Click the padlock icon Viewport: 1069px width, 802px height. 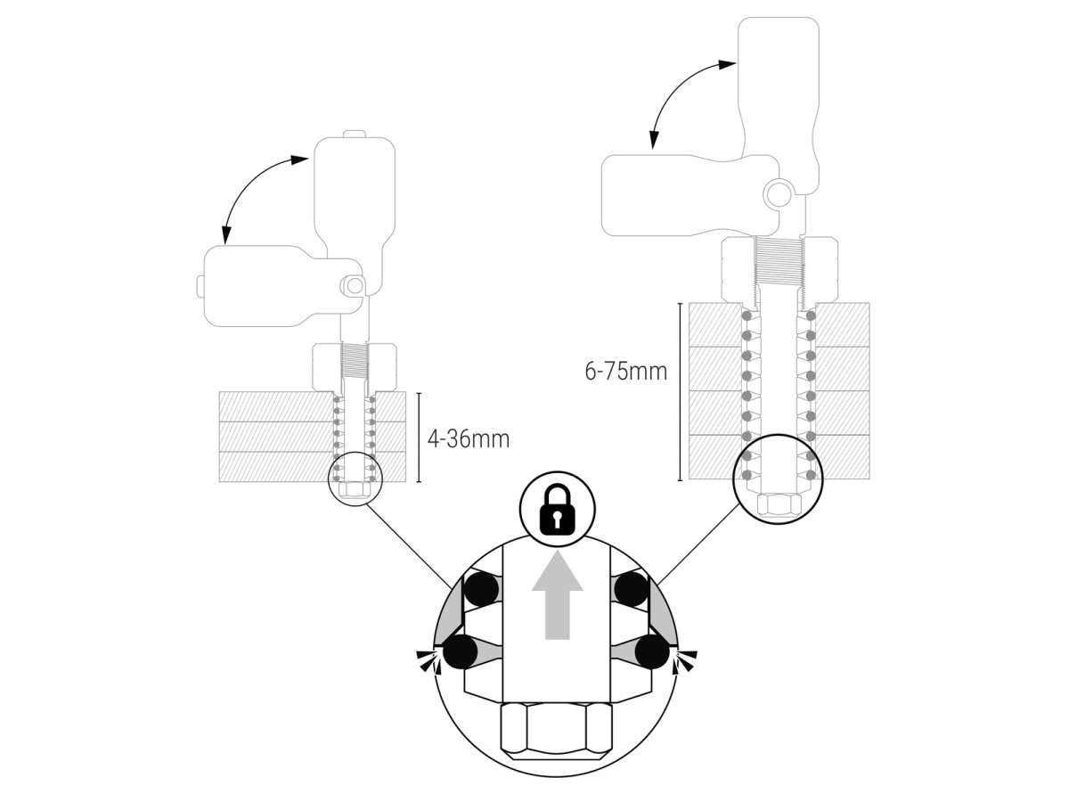[x=558, y=510]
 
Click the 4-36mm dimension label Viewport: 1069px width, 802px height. [x=469, y=438]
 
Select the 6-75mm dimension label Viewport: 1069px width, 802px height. [x=626, y=371]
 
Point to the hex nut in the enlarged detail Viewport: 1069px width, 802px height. [x=557, y=731]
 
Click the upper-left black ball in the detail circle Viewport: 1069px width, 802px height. [x=481, y=589]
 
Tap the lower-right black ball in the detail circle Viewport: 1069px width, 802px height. [x=652, y=651]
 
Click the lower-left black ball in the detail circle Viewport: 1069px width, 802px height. [x=461, y=651]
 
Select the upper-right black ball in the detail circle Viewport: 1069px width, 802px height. [x=632, y=589]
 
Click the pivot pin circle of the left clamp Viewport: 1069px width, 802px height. [x=355, y=286]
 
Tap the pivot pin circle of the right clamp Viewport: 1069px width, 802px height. [x=778, y=193]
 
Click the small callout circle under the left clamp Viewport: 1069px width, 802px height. [x=355, y=479]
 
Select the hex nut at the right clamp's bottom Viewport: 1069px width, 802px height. [x=779, y=504]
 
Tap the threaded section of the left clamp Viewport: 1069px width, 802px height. [x=355, y=360]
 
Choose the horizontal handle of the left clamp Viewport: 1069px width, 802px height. [x=283, y=286]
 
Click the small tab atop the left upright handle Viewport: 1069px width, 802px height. [x=355, y=134]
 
